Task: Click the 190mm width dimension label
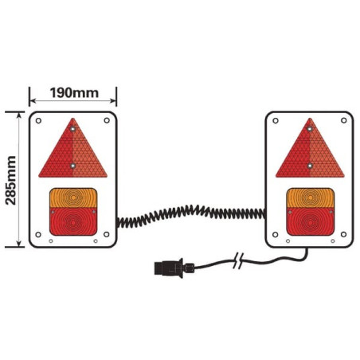[74, 93]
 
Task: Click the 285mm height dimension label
[11, 181]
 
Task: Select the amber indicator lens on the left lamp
[73, 198]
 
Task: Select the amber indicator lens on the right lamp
[311, 198]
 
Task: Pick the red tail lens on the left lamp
[73, 221]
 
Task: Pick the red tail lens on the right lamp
[311, 221]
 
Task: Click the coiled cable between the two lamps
[191, 214]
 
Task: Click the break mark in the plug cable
[238, 260]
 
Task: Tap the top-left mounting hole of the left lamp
[38, 121]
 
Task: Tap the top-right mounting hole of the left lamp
[107, 120]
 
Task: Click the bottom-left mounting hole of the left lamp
[38, 235]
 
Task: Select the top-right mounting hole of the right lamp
[344, 120]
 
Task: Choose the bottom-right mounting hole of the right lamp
[343, 234]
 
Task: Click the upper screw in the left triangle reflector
[72, 129]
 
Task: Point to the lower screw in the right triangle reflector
[310, 166]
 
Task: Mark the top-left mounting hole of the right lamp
[276, 121]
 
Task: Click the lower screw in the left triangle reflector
[72, 166]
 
